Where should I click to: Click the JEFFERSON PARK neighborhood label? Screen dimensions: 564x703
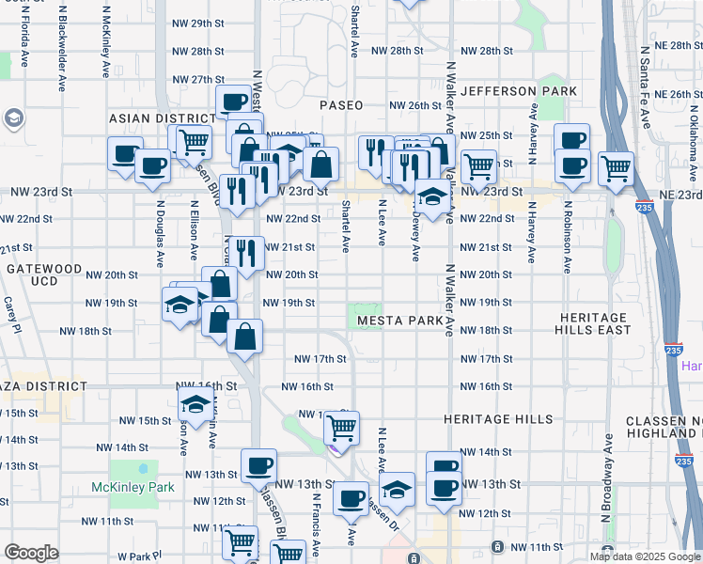click(513, 91)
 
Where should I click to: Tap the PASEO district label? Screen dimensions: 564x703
click(340, 105)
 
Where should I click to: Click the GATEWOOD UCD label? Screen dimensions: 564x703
click(44, 274)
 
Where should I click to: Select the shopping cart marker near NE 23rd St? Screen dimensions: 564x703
click(616, 168)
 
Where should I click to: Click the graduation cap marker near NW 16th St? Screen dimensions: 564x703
click(195, 404)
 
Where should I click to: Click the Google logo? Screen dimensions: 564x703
click(31, 553)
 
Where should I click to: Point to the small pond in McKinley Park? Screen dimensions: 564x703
click(143, 467)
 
